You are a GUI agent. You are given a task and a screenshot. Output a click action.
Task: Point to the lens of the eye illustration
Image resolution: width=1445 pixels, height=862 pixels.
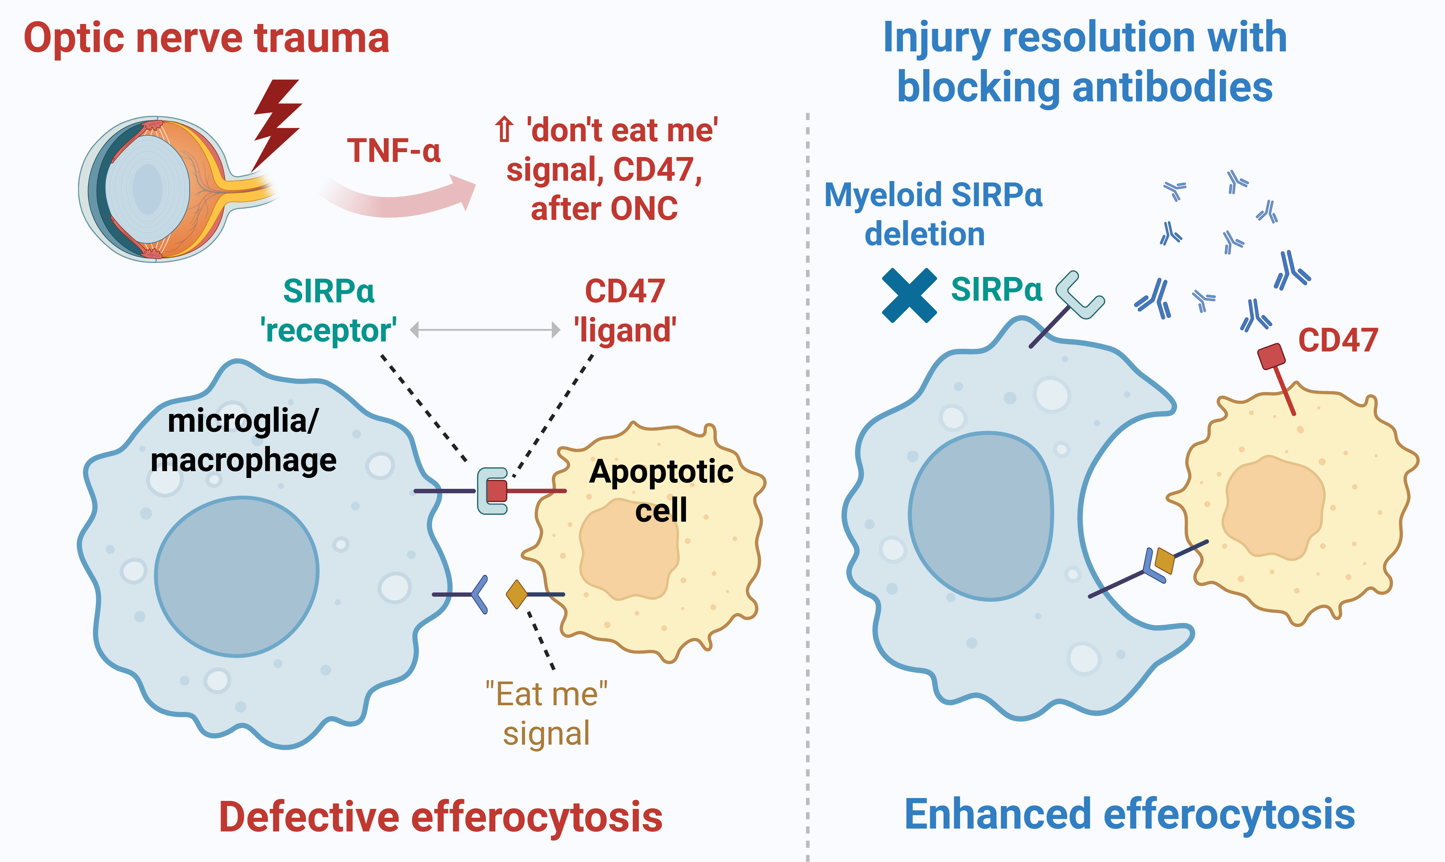[148, 189]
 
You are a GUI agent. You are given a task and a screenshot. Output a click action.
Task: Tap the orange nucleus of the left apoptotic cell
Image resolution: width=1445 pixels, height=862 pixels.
[628, 552]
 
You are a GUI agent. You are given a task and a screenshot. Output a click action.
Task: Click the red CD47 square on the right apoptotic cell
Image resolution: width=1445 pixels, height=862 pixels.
[1271, 356]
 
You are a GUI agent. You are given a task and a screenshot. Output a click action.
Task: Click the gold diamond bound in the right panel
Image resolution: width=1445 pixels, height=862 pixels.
[1164, 560]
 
